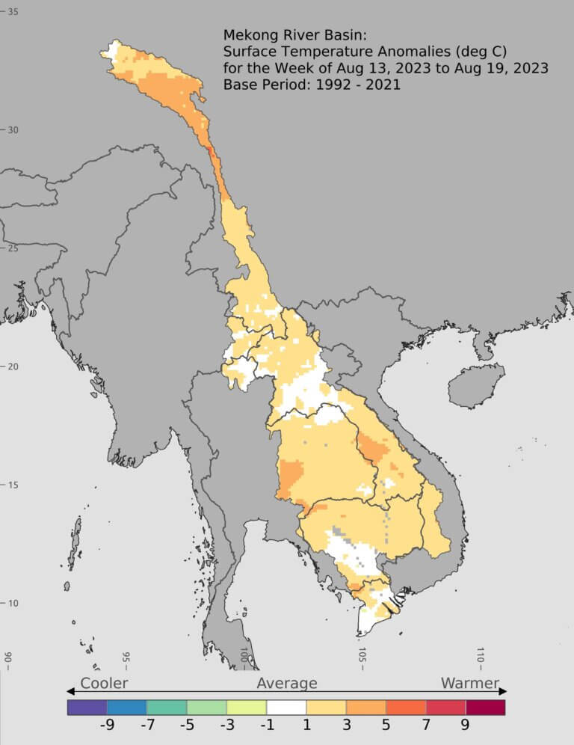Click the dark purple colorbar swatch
(87, 707)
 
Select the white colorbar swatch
(286, 707)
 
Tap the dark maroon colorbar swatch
(485, 707)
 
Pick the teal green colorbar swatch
(167, 707)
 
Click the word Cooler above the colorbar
(104, 683)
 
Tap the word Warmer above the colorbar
(469, 683)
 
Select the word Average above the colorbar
(287, 683)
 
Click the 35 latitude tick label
(13, 12)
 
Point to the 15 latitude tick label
(13, 485)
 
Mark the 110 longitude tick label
(481, 658)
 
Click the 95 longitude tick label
(126, 658)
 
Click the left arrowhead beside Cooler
(71, 690)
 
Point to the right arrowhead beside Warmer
(503, 690)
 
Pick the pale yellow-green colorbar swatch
(247, 707)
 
